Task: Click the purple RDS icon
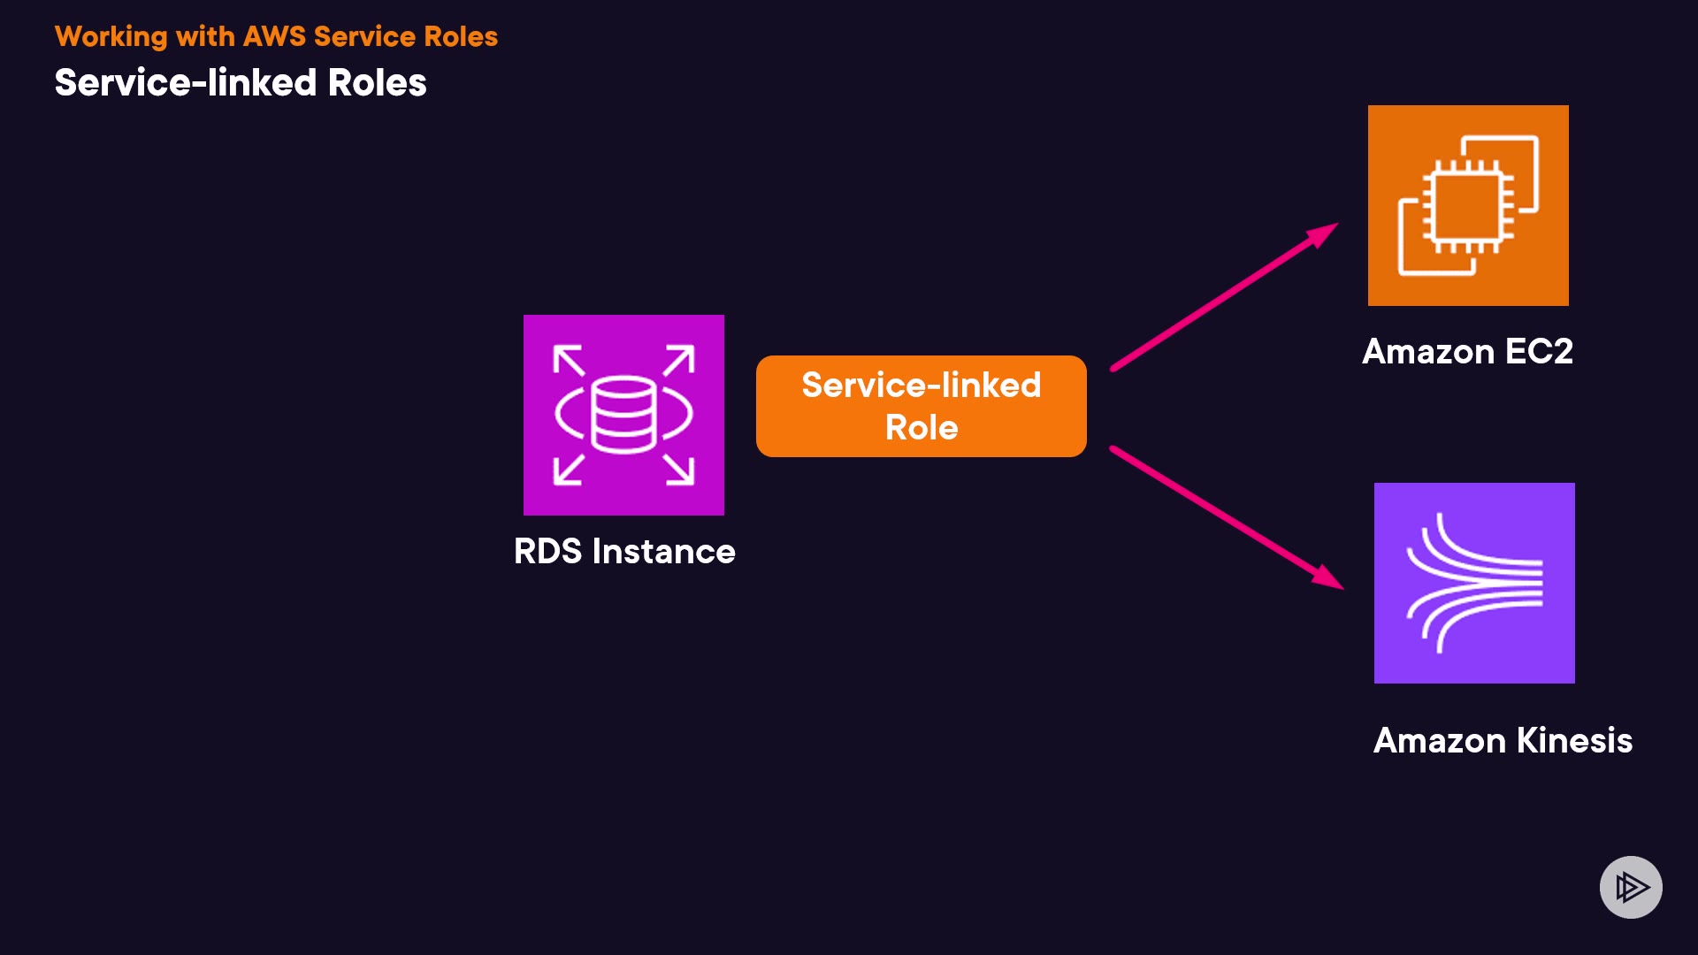click(623, 415)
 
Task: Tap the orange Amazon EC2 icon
click(1468, 205)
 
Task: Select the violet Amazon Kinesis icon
click(1474, 583)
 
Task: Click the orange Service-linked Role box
click(921, 406)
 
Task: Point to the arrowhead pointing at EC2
click(1323, 233)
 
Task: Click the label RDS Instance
click(624, 552)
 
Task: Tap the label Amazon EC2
click(1467, 352)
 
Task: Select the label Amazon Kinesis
click(1503, 741)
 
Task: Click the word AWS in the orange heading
click(274, 36)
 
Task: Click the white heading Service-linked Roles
click(241, 83)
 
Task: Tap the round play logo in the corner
click(1631, 887)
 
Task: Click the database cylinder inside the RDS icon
click(623, 414)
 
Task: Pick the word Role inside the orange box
click(922, 428)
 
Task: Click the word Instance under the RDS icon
click(663, 552)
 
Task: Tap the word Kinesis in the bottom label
click(1574, 741)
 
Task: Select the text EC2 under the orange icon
click(1539, 352)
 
